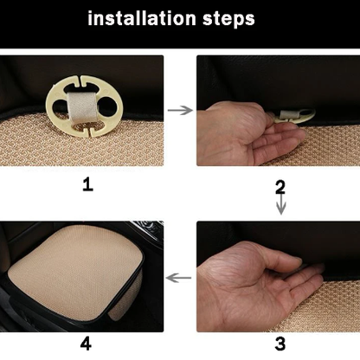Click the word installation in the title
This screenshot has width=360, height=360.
(142, 18)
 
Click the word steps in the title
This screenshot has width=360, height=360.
(228, 19)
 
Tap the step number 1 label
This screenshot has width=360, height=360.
(87, 184)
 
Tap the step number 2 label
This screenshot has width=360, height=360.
(280, 188)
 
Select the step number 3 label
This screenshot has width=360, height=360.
(280, 344)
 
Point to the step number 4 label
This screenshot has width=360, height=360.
(86, 344)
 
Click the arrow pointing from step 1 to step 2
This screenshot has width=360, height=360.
(180, 110)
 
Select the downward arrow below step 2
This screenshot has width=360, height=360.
(281, 204)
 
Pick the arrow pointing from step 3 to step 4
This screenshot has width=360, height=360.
(178, 278)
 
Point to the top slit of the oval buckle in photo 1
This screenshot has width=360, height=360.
(79, 84)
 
